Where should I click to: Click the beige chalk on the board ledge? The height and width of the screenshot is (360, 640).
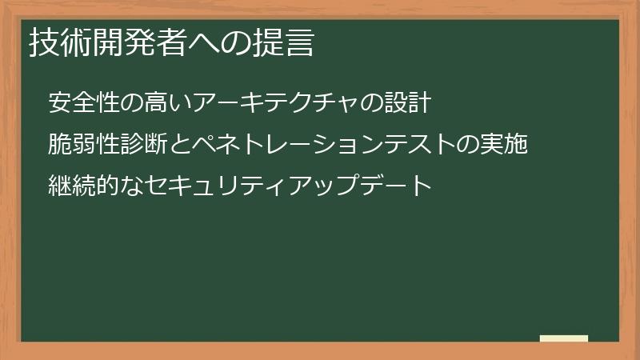point(564,338)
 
